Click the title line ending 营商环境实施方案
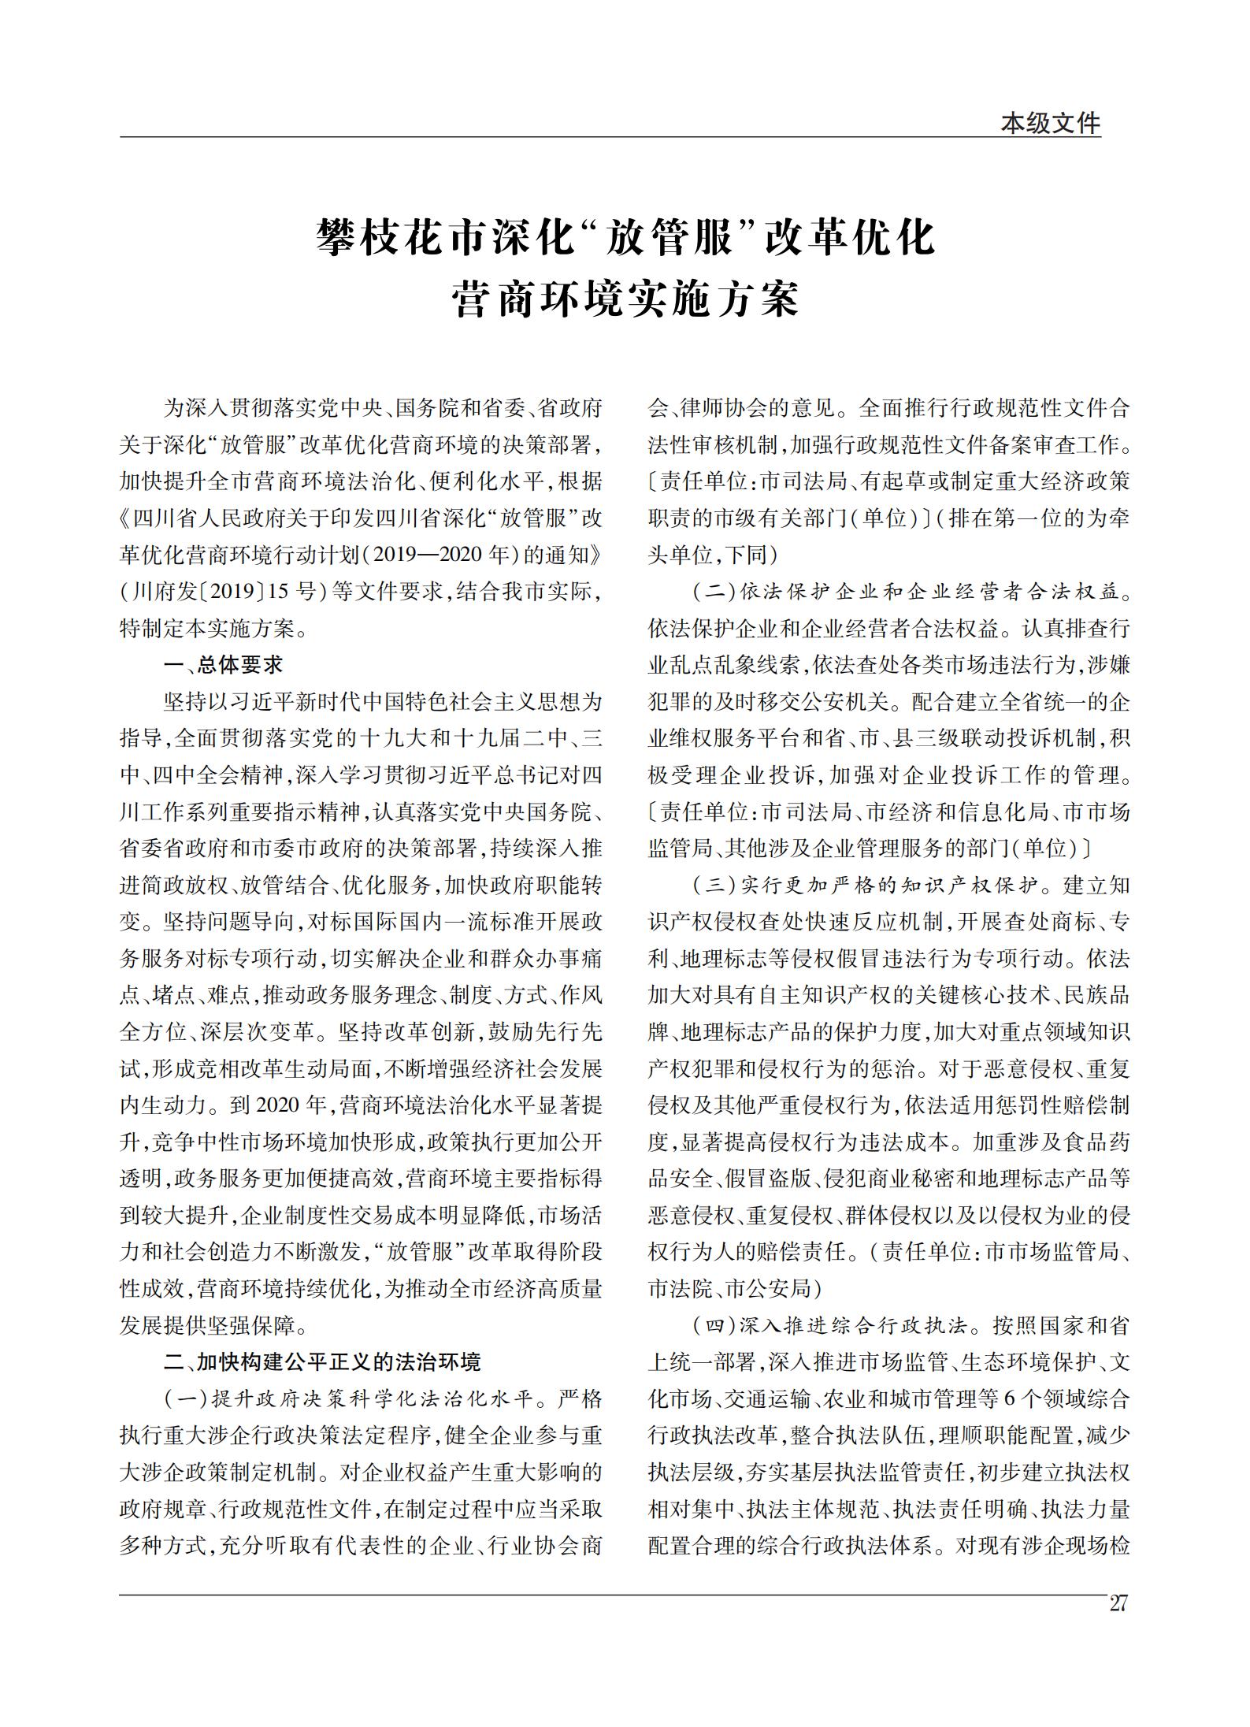(625, 299)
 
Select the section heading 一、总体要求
(223, 665)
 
